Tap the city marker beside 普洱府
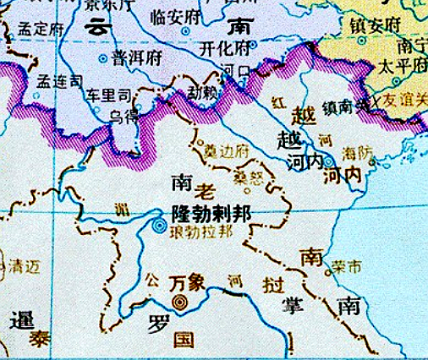click(104, 58)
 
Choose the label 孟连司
click(59, 81)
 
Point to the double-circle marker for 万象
click(178, 300)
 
